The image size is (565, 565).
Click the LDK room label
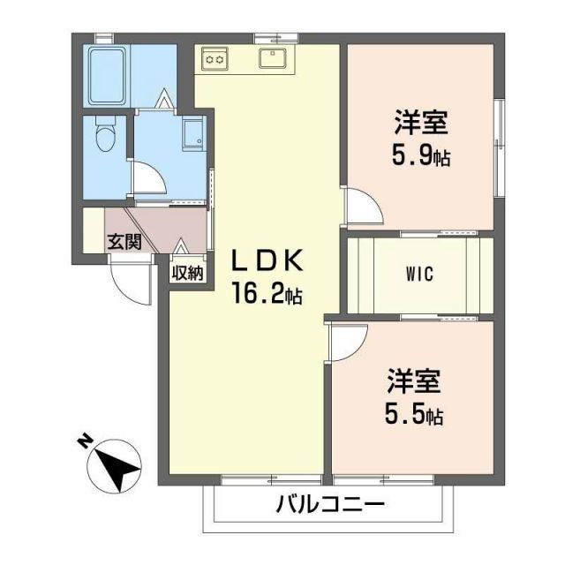(x=267, y=260)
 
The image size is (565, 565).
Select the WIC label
(x=418, y=274)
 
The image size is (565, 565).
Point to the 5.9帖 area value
(x=421, y=157)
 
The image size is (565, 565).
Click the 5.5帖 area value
(x=413, y=413)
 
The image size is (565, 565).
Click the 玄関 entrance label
(x=124, y=241)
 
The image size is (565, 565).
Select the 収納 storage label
(x=187, y=273)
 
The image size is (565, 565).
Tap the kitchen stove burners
(x=215, y=58)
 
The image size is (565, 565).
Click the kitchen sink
(x=272, y=59)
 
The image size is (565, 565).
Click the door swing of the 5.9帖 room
(x=362, y=207)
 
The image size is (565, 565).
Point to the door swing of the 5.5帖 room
(x=347, y=339)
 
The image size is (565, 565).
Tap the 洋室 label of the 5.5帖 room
(x=413, y=381)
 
